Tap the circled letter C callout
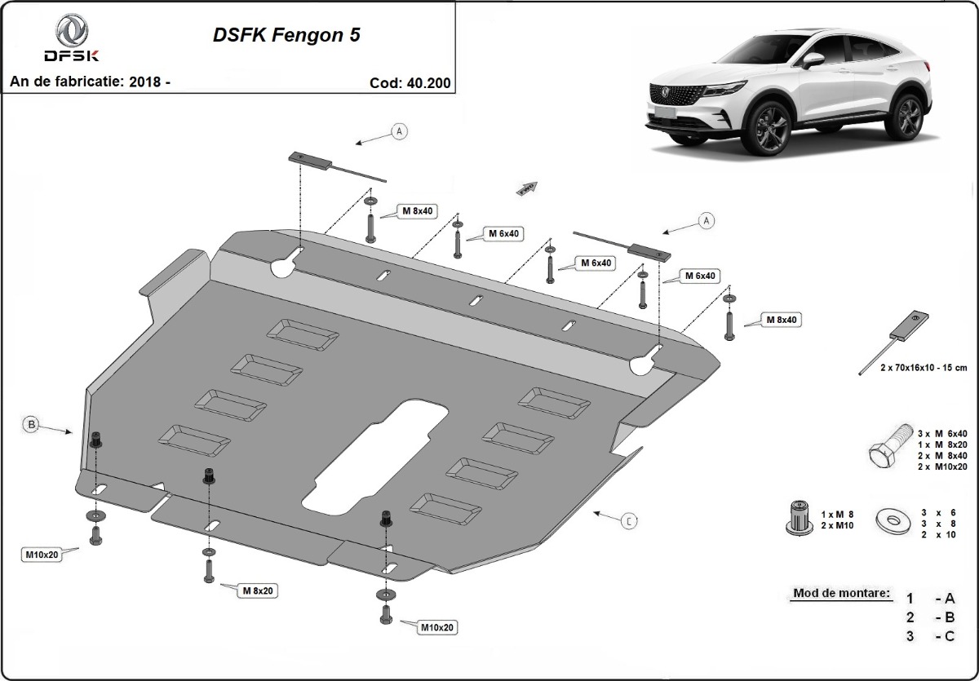[629, 520]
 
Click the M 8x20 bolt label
[256, 589]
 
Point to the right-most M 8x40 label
[780, 320]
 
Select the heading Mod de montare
[840, 593]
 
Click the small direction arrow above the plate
[527, 189]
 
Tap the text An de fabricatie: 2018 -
[90, 82]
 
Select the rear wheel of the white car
[908, 114]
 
